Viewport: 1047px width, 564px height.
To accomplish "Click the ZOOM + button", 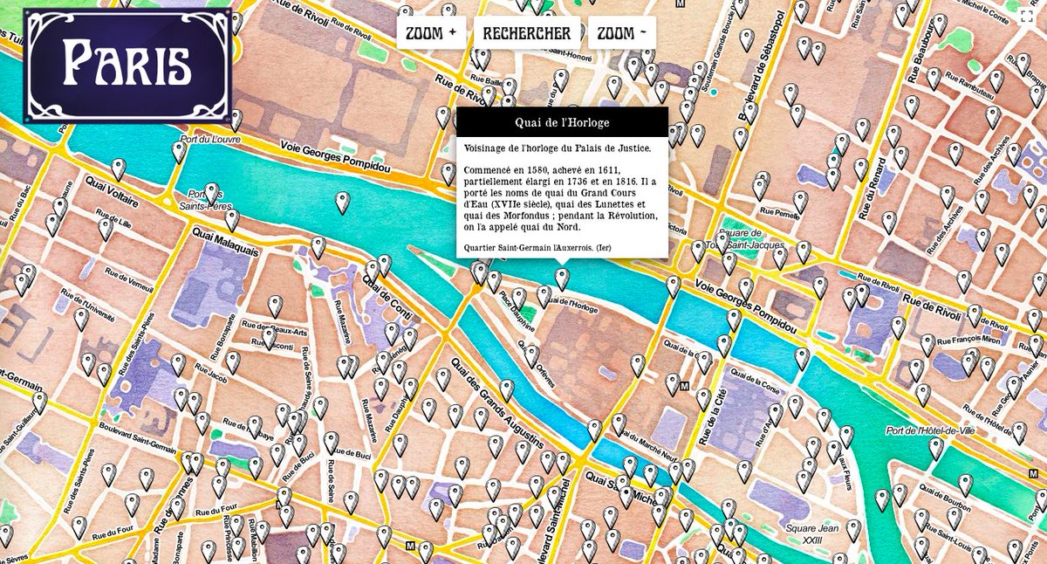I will click(x=431, y=33).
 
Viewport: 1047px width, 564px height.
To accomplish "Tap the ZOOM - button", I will click(x=621, y=33).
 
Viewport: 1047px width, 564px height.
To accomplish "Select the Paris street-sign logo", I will click(x=127, y=65).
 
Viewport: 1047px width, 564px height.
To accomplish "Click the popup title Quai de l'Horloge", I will click(x=562, y=122).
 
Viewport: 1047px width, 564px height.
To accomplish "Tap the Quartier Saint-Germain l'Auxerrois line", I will click(x=537, y=248).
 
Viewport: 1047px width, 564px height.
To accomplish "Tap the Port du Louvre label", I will click(x=210, y=139).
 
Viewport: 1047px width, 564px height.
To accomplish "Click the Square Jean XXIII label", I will click(x=811, y=534).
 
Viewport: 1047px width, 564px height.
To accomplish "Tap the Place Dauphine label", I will click(x=517, y=312).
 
